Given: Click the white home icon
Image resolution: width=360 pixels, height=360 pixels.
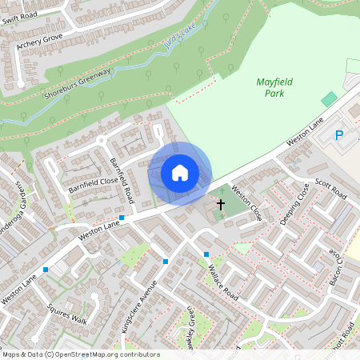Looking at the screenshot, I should click(x=180, y=172).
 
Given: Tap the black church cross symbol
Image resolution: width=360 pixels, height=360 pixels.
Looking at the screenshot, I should click(x=220, y=205).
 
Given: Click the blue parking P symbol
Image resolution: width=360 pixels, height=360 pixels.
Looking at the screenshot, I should click(x=339, y=136).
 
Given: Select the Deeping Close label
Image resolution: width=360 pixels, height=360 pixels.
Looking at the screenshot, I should click(x=294, y=206).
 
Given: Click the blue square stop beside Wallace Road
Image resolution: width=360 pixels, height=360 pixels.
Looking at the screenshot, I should click(x=206, y=254).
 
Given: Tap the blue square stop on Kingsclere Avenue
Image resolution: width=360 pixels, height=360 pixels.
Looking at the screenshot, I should click(x=166, y=262).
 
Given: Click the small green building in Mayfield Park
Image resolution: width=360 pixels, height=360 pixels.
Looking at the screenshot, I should click(x=329, y=98).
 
